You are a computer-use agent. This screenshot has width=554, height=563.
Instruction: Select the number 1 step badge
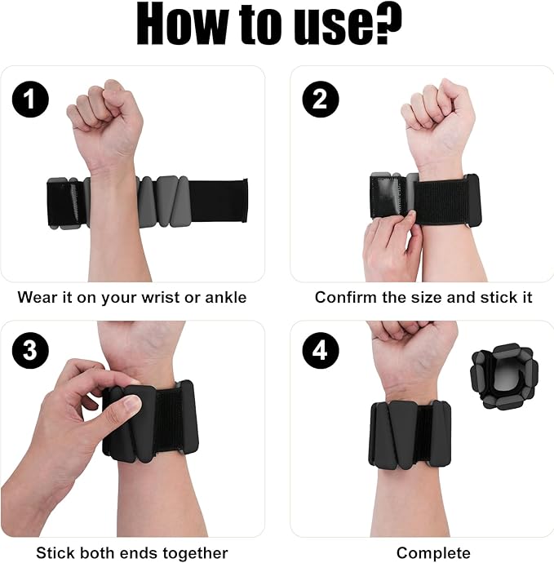click(x=30, y=100)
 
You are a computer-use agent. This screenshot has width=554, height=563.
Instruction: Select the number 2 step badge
click(x=321, y=100)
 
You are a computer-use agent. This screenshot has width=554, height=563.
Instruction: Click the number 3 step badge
click(x=30, y=353)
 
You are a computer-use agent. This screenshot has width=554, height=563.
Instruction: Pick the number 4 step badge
click(x=321, y=353)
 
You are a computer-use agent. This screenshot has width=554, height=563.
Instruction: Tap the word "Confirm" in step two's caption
click(x=344, y=297)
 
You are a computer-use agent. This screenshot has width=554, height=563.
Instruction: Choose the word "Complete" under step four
click(x=433, y=553)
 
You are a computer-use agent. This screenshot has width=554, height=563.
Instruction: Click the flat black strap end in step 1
click(x=220, y=200)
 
